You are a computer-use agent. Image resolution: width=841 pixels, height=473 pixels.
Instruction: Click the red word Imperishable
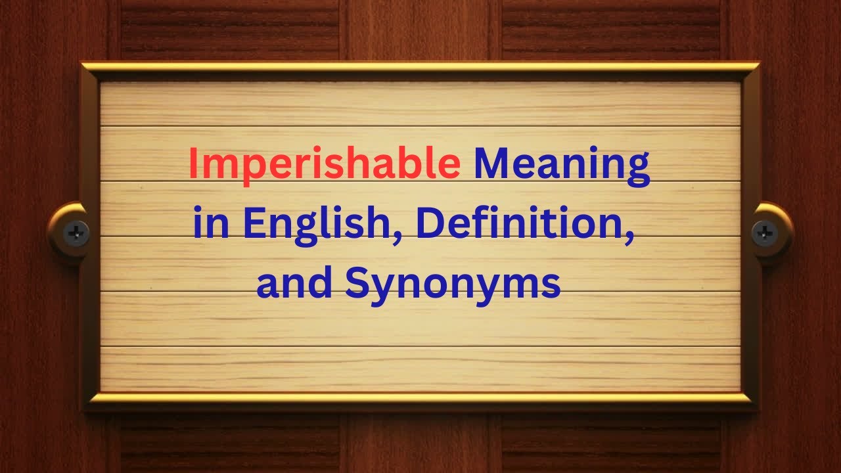tap(324, 164)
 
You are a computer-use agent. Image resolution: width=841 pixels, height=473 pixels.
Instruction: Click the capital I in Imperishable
tap(193, 164)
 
